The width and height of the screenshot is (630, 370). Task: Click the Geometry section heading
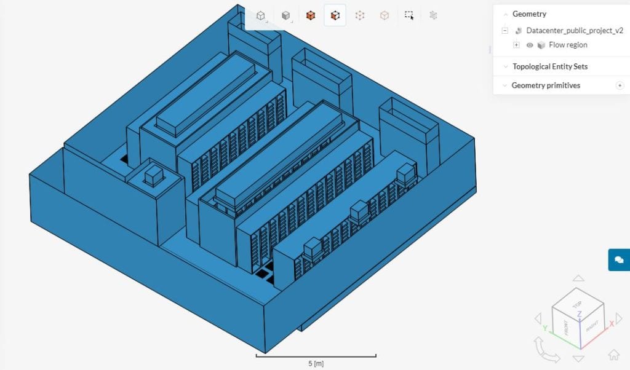[x=529, y=14]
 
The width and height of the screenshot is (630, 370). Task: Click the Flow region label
[x=568, y=45]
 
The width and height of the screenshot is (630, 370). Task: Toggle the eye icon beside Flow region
[x=530, y=45]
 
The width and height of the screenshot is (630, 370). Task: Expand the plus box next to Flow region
[x=516, y=45]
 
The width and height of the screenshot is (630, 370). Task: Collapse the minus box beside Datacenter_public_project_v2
[x=504, y=30]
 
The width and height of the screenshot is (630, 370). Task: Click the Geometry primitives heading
[x=546, y=85]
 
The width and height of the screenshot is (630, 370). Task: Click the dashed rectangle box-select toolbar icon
[x=409, y=15]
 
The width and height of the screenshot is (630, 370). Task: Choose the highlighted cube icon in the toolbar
[x=335, y=15]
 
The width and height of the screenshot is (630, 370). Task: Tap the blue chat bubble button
[x=619, y=260]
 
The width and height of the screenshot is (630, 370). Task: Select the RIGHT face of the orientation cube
[x=591, y=327]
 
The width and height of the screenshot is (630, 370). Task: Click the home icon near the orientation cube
[x=613, y=355]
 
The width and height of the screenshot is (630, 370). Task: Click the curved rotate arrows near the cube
[x=547, y=352]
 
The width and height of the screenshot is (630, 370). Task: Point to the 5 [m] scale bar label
[x=316, y=363]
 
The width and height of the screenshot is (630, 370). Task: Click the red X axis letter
[x=612, y=324]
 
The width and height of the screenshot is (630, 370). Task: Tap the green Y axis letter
[x=544, y=329]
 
